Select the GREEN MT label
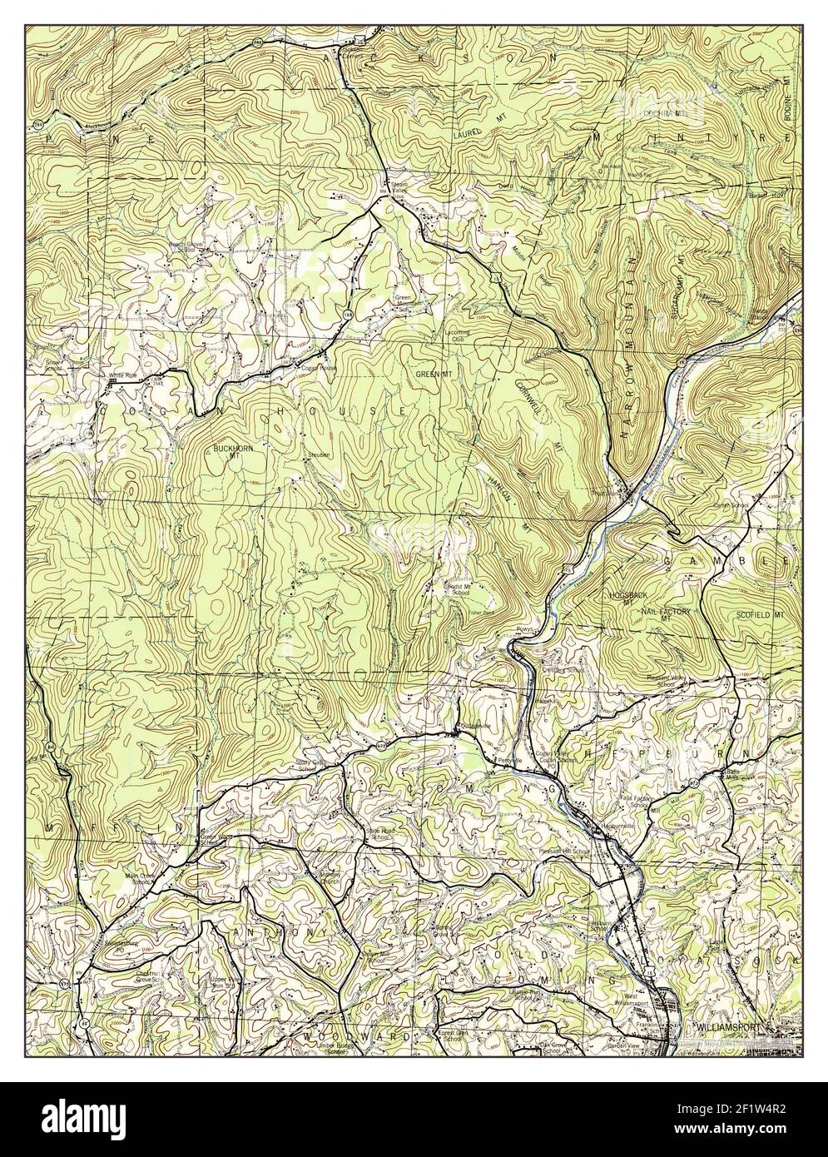(x=434, y=375)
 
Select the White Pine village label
(x=121, y=375)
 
